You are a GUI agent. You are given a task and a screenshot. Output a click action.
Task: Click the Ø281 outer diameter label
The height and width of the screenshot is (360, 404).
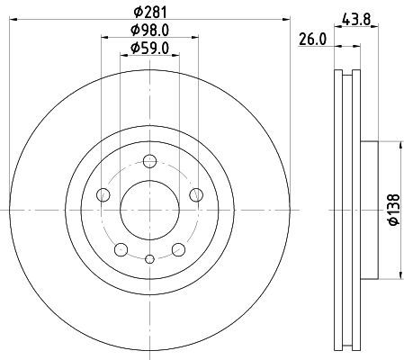pyautogui.click(x=149, y=13)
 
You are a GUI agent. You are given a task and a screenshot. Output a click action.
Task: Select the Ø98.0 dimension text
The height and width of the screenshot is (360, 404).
pyautogui.click(x=149, y=30)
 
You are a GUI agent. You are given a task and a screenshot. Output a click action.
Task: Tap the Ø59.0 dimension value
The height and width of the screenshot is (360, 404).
pyautogui.click(x=149, y=48)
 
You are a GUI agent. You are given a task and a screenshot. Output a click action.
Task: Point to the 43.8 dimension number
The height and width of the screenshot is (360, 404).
pyautogui.click(x=356, y=20)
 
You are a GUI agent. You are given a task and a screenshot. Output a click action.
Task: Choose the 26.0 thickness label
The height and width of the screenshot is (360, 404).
pyautogui.click(x=312, y=40)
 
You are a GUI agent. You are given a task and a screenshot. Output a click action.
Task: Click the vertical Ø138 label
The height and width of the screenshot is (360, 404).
pyautogui.click(x=394, y=210)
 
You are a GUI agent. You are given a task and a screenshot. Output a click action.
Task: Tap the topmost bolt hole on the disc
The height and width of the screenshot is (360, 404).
pyautogui.click(x=149, y=161)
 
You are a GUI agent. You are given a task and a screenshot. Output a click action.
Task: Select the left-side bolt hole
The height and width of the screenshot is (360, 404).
pyautogui.click(x=103, y=195)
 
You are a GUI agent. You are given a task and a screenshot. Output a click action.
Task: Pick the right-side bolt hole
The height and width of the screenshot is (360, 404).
pyautogui.click(x=196, y=195)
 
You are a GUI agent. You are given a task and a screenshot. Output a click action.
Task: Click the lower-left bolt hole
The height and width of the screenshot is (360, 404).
pyautogui.click(x=121, y=249)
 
